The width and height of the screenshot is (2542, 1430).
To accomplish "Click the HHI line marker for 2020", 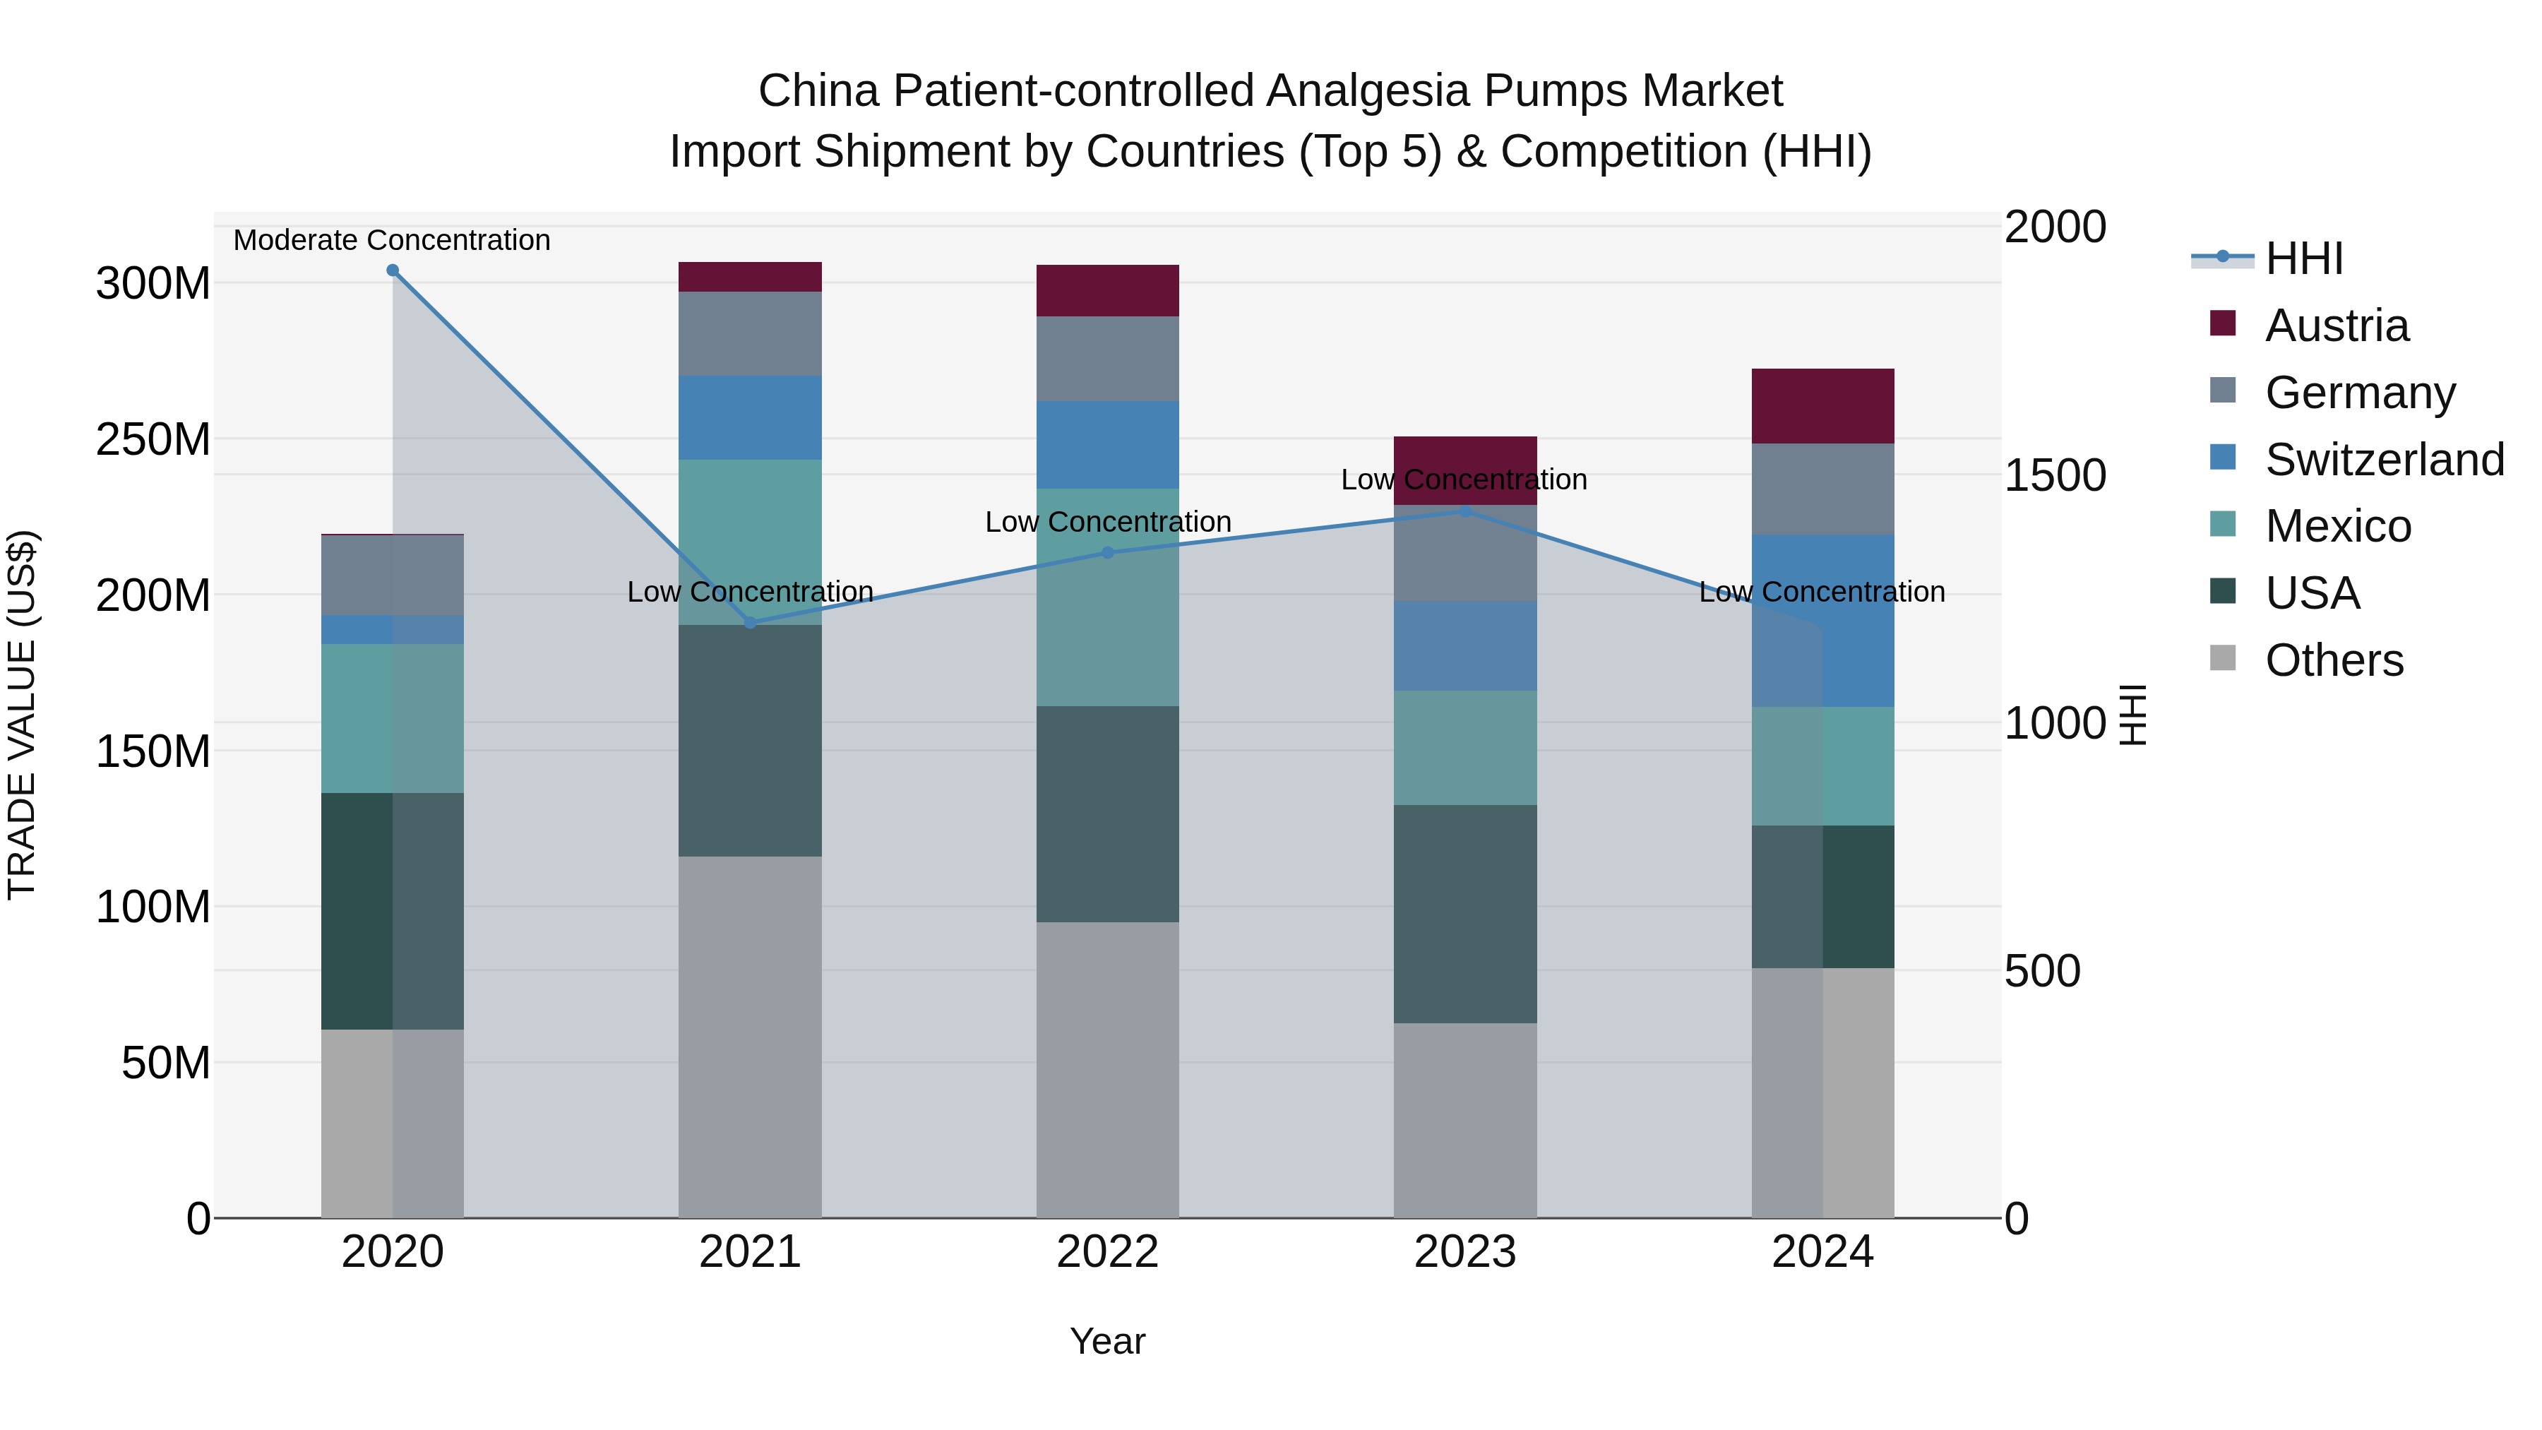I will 393,270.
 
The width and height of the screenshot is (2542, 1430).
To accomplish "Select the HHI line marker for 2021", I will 750,623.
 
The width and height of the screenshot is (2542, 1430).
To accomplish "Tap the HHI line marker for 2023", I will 1465,511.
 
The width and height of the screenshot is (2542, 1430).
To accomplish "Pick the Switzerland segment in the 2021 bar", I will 750,417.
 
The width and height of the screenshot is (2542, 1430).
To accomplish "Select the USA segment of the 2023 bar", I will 1465,914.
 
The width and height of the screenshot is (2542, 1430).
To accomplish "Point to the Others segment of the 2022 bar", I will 1107,1070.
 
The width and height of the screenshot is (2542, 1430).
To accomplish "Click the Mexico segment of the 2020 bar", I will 393,718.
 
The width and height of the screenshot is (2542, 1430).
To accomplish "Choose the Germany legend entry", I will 2358,393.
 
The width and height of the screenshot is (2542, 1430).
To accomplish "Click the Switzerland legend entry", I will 2383,460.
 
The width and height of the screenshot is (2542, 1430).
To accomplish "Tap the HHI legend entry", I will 2303,258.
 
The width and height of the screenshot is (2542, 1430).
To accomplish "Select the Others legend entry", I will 2333,660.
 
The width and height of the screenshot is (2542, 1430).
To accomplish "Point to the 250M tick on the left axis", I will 153,439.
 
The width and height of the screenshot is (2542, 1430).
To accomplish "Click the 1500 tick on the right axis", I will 2055,476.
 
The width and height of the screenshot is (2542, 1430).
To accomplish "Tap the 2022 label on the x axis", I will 1107,1252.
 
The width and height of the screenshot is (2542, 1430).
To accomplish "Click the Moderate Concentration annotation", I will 392,240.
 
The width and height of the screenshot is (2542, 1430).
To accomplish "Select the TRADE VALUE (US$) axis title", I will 22,715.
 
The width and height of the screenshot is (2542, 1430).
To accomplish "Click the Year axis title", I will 1107,1341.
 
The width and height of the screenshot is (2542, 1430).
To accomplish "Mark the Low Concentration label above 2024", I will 1822,592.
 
